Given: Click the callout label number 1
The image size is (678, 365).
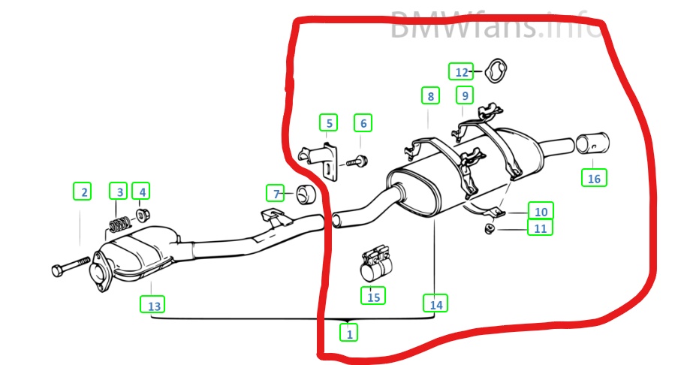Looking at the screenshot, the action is tap(348, 332).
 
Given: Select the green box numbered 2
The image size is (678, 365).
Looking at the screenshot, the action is tap(82, 192).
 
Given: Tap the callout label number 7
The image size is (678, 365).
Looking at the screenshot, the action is tap(276, 193).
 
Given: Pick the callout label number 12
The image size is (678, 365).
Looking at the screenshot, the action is tap(461, 71).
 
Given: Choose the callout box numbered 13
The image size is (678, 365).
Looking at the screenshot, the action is tap(152, 304).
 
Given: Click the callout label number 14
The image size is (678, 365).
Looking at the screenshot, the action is tap(435, 303).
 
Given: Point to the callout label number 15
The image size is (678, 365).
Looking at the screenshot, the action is tap(373, 296).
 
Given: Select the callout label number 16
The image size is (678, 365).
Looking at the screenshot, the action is tap(594, 178).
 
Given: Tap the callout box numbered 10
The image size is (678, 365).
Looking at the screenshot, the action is tap(541, 210).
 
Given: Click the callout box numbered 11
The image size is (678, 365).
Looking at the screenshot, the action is tap(541, 227).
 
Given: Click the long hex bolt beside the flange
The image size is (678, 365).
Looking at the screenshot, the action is tap(71, 266).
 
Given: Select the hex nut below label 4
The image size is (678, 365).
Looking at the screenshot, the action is tap(143, 214).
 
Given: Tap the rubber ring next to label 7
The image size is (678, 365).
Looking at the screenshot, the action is tap(306, 195).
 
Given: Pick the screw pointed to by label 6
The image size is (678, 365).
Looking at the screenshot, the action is tap(357, 162).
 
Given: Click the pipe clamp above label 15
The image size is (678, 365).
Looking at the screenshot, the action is tap(376, 263).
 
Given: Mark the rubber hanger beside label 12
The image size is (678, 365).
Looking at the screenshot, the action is tap(495, 71).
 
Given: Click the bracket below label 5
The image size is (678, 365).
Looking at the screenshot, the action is tap(321, 160).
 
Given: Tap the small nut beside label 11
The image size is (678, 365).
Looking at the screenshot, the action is tap(490, 228).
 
